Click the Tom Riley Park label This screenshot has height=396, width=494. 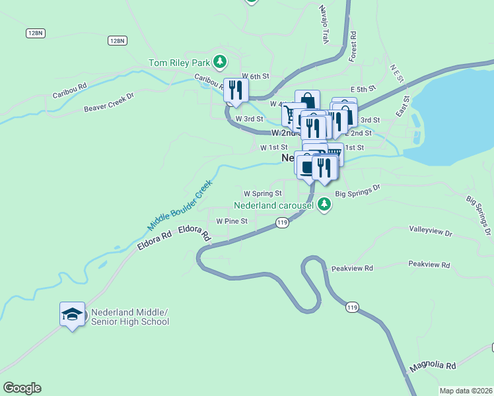point(178,63)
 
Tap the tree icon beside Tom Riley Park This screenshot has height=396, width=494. point(220,63)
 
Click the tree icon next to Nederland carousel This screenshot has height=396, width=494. point(324,204)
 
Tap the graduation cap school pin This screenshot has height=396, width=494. point(72,315)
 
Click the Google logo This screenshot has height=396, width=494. point(22,388)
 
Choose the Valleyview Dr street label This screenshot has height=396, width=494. point(431,233)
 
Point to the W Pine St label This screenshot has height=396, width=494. point(232,221)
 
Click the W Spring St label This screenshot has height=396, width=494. point(263,193)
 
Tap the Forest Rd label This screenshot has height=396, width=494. point(353,46)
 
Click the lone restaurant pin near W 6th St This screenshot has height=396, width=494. point(235,90)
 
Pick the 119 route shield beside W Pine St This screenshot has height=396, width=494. point(283,223)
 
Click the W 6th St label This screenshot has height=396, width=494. point(255,76)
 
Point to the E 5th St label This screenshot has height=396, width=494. point(363,88)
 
